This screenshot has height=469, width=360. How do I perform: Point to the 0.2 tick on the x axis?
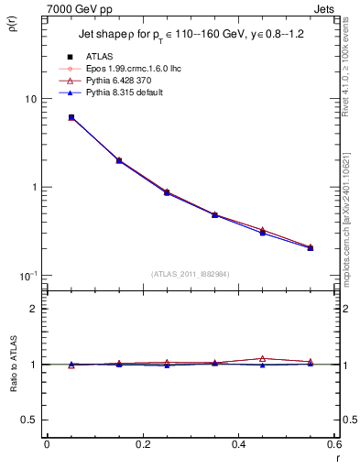(142, 444)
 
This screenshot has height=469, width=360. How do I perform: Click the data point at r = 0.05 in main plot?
(71, 117)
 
